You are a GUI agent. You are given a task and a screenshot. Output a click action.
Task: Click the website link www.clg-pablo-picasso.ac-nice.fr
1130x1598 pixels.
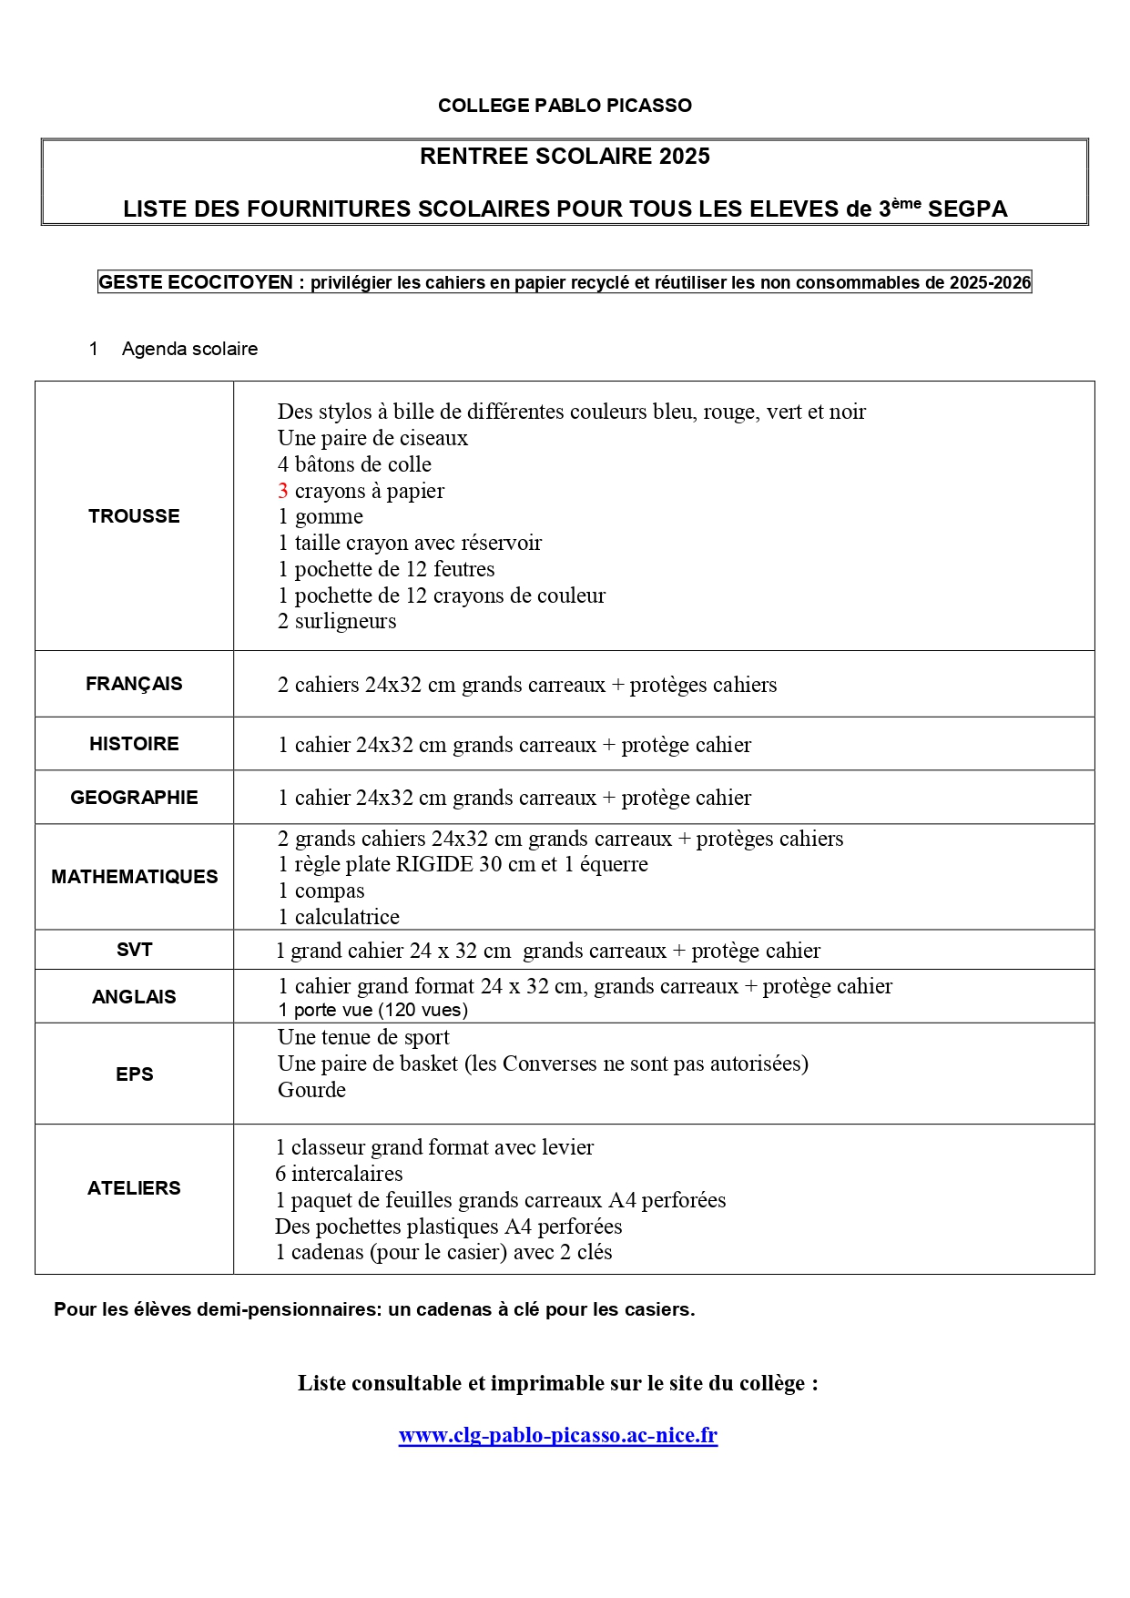pos(557,1436)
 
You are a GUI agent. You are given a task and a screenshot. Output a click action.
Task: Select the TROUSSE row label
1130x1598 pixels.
pos(134,516)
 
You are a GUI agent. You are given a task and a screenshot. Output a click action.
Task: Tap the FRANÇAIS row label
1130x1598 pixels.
pos(134,684)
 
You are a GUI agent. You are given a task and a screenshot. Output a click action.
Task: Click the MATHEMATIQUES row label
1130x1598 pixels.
pos(134,877)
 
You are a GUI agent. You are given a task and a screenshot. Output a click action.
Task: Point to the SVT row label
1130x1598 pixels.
pos(134,950)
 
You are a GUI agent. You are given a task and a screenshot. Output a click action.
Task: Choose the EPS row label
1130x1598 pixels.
pos(134,1074)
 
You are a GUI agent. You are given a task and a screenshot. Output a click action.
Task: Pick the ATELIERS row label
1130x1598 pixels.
pos(134,1188)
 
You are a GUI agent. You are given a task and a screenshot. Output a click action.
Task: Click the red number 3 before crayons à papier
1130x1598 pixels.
pos(283,491)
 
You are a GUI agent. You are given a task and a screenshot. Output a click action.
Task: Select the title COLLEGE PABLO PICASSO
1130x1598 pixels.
pos(565,106)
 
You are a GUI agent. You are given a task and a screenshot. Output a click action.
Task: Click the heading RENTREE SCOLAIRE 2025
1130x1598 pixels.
pos(565,157)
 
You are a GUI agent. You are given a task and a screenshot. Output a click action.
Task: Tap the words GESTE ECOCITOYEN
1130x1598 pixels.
pos(196,283)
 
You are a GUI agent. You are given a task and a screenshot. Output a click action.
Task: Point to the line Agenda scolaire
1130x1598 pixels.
pos(189,349)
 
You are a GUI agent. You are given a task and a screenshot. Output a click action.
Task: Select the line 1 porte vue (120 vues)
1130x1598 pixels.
pos(372,1010)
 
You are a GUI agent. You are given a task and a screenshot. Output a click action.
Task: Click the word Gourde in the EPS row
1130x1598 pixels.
pos(311,1090)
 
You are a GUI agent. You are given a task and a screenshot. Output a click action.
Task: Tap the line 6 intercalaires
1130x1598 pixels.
pos(339,1174)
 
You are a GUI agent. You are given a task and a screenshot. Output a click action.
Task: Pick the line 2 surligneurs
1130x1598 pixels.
pos(337,621)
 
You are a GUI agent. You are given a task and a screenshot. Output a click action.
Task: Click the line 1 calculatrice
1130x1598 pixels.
pos(339,917)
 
